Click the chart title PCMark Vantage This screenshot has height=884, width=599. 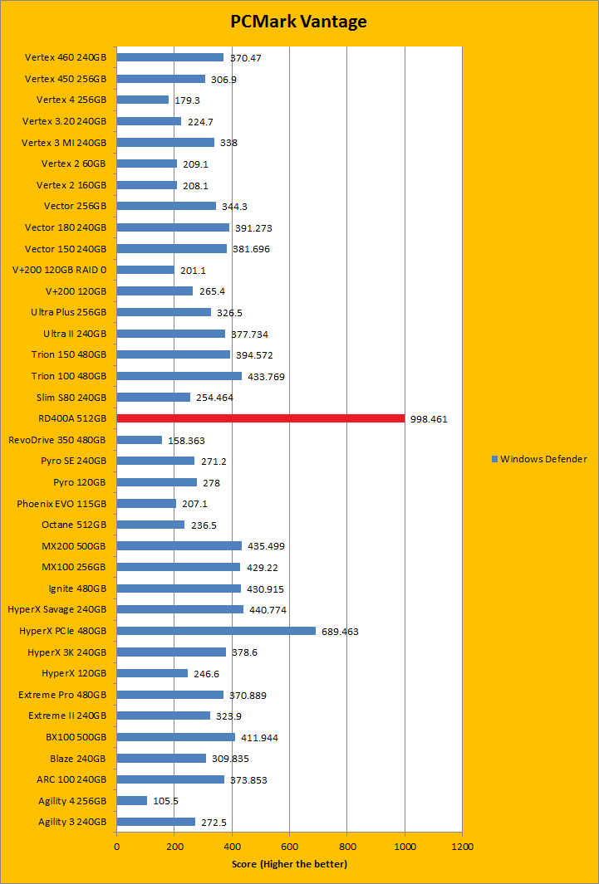point(298,22)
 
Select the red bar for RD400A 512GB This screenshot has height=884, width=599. point(260,418)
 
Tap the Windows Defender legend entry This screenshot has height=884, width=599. point(539,459)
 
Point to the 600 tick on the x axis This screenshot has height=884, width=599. point(289,847)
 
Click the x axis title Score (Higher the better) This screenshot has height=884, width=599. point(289,864)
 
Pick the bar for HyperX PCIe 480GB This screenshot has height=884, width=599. point(216,631)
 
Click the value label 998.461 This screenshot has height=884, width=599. point(429,419)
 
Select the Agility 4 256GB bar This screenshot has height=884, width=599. point(131,801)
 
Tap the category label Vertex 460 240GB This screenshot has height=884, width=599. point(66,57)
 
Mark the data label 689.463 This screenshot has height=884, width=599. point(341,632)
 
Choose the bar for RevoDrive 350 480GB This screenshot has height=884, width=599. point(139,440)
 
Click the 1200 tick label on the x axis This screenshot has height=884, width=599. point(462,847)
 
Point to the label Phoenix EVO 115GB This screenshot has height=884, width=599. point(61,504)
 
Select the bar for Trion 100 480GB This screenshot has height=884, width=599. point(179,376)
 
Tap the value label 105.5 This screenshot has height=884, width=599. point(165,801)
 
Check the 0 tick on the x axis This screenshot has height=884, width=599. point(116,847)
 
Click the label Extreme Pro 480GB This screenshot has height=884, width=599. point(62,695)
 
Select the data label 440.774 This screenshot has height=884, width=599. point(268,610)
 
